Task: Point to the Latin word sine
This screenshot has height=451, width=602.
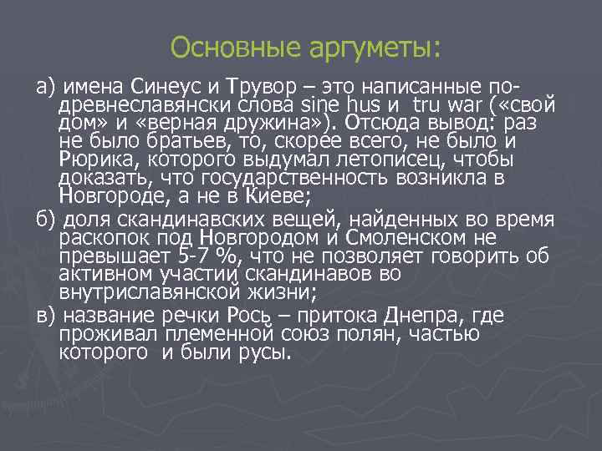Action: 316,105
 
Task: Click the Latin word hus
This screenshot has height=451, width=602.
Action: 360,105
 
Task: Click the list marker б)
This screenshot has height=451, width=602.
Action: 44,220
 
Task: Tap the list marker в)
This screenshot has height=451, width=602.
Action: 44,317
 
